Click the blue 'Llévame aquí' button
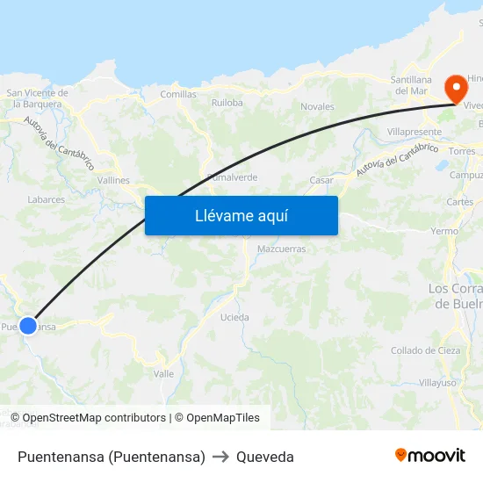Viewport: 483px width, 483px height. (x=241, y=215)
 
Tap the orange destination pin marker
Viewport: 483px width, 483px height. (x=456, y=88)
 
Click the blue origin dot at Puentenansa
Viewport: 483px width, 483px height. (x=28, y=326)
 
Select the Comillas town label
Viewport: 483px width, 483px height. (x=178, y=94)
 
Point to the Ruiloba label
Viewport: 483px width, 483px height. (x=227, y=103)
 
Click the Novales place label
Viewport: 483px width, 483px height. (x=317, y=107)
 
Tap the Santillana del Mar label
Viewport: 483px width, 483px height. (x=411, y=85)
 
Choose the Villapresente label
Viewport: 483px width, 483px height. (x=414, y=132)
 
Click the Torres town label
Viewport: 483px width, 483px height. (x=461, y=151)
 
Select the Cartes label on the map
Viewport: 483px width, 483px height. (x=459, y=202)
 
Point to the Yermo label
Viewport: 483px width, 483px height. (x=444, y=231)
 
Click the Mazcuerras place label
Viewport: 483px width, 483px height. (x=281, y=249)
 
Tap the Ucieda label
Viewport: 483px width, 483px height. (x=234, y=317)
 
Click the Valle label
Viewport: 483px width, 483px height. (x=163, y=373)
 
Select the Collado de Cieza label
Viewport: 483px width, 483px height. (x=425, y=350)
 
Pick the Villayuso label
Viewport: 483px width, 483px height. (x=436, y=383)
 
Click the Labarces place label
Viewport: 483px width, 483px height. (x=47, y=199)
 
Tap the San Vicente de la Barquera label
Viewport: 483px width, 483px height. (x=37, y=97)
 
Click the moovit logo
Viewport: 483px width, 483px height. (x=430, y=455)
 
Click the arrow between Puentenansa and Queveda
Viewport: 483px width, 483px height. (x=220, y=457)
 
